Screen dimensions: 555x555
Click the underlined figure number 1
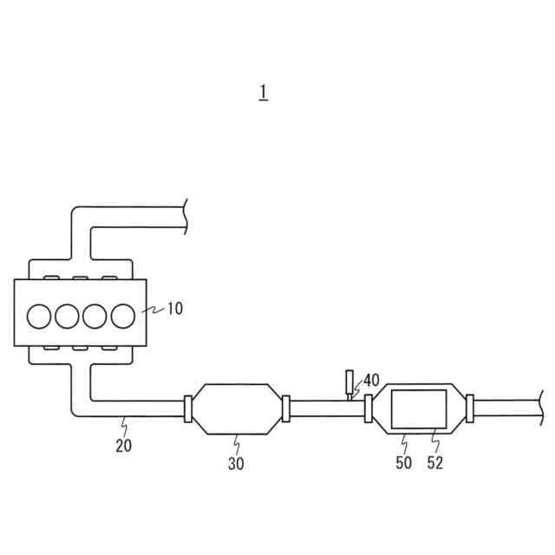click(263, 93)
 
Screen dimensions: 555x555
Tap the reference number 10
click(174, 308)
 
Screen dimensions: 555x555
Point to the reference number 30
click(236, 463)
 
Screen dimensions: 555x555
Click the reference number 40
click(371, 380)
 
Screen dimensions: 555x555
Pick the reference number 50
click(404, 463)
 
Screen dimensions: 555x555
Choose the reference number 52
click(435, 463)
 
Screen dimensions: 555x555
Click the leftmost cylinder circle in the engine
click(39, 316)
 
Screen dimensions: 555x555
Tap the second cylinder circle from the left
click(67, 316)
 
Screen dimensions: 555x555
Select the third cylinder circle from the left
click(95, 316)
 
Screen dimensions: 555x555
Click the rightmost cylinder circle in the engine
click(123, 316)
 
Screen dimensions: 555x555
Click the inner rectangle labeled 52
click(419, 408)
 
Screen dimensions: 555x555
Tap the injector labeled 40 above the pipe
click(349, 382)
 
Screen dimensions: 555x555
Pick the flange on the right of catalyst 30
click(285, 408)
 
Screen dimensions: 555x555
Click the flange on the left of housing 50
click(369, 408)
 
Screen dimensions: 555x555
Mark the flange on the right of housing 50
click(469, 408)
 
